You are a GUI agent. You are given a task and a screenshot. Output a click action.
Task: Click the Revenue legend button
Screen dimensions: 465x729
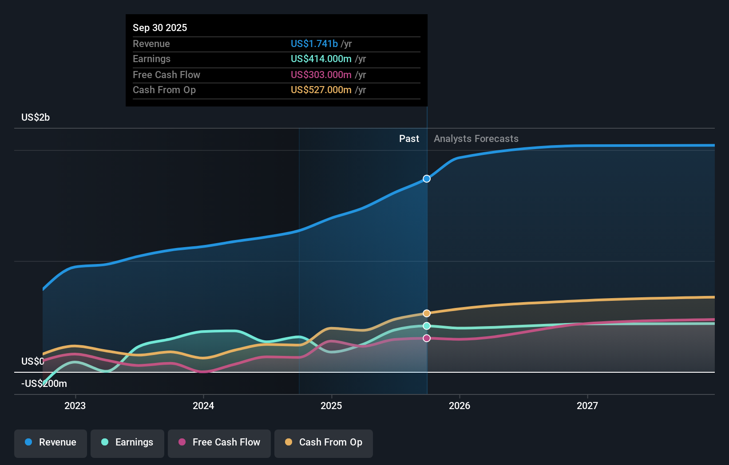51,443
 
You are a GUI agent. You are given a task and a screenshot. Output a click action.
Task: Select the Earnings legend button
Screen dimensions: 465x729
127,443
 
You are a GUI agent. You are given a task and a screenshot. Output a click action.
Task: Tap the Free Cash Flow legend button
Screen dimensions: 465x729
219,443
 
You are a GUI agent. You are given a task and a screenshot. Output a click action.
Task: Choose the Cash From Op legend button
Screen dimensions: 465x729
324,443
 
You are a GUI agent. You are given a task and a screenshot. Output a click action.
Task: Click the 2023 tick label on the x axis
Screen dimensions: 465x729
75,406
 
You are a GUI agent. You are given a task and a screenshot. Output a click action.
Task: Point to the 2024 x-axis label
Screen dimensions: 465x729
203,406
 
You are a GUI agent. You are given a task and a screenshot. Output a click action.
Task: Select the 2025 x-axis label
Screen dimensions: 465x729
331,406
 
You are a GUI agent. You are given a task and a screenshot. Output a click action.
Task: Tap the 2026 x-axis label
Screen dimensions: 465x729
460,406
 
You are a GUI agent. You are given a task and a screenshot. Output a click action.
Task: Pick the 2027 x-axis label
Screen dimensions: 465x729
587,406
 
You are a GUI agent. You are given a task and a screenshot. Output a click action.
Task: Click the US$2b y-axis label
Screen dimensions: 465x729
36,118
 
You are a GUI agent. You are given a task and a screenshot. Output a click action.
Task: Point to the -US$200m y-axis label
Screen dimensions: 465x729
44,384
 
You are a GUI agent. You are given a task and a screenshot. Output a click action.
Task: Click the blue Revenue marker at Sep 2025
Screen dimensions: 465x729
427,179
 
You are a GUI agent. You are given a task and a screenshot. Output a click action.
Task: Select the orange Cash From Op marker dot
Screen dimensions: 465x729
427,313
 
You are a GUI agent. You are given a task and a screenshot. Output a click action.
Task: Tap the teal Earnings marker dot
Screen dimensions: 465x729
427,326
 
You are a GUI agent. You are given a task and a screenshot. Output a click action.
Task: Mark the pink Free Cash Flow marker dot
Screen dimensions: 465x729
427,338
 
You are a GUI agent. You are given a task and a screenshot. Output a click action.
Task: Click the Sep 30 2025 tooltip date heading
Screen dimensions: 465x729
160,28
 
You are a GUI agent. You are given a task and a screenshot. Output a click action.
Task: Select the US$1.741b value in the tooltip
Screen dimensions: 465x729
314,43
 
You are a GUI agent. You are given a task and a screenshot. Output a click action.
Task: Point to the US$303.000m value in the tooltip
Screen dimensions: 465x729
321,75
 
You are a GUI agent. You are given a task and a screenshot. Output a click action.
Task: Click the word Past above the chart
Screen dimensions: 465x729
409,139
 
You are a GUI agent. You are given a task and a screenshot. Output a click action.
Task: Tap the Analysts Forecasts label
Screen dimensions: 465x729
476,139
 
